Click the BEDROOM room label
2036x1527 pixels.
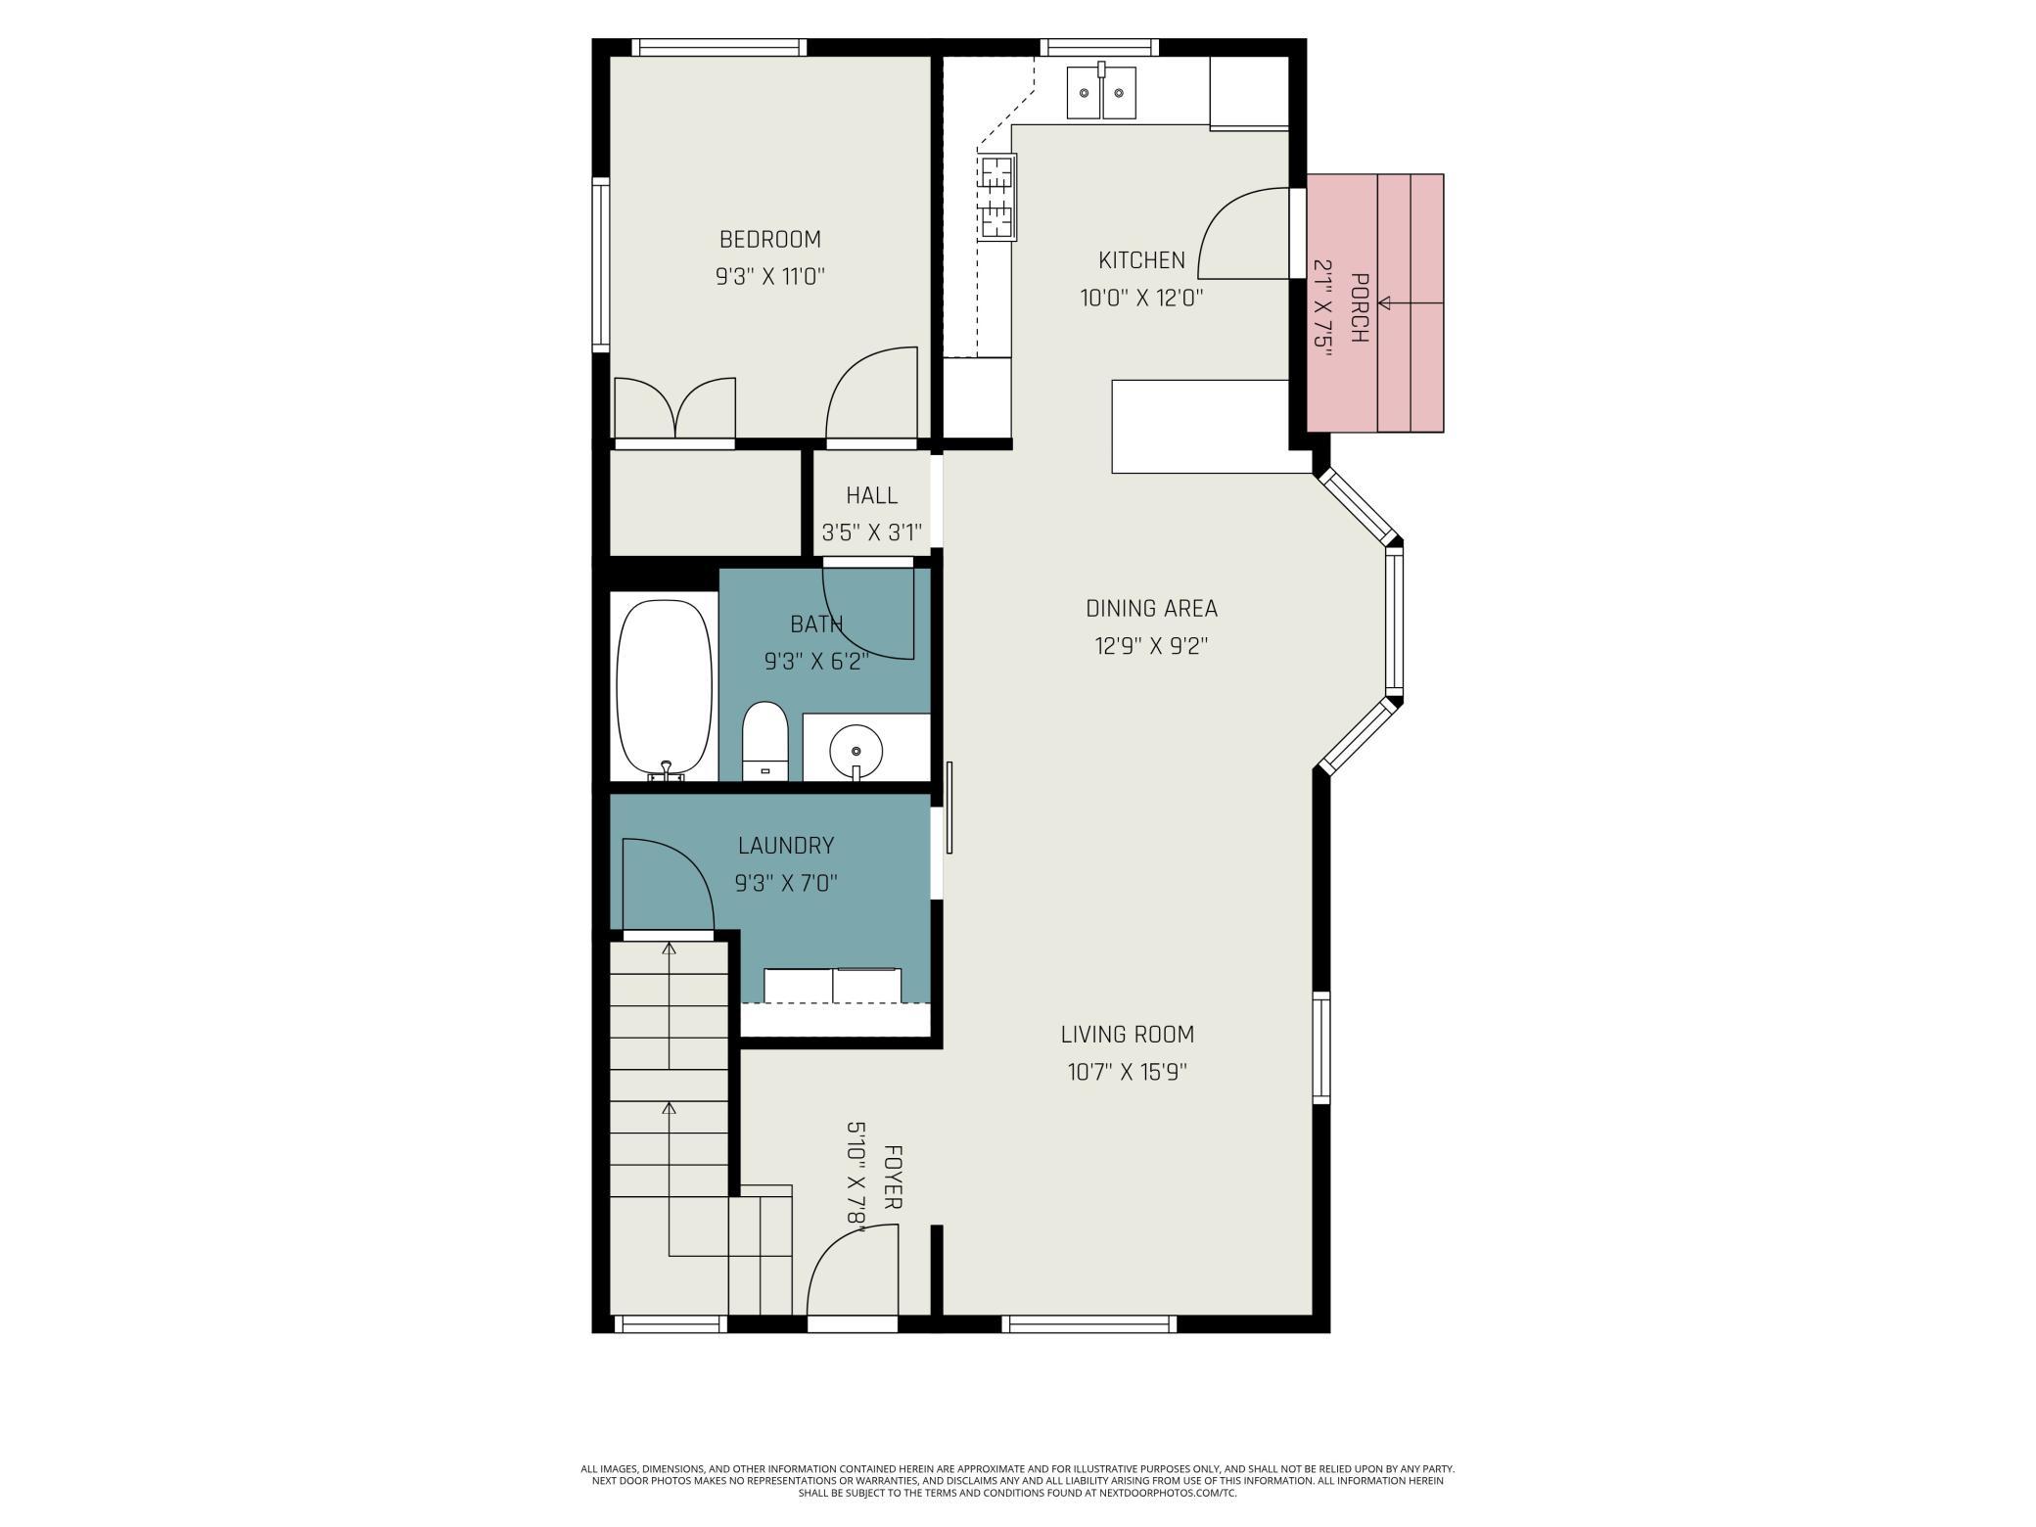click(769, 239)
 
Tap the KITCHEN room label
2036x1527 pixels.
click(1141, 260)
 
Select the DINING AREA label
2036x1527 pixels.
click(1151, 608)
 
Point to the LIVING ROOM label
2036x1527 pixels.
click(1127, 1034)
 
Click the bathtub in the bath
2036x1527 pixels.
click(665, 689)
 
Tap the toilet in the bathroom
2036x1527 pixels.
click(764, 740)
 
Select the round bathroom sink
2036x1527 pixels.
click(856, 751)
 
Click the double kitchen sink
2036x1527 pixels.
click(1101, 92)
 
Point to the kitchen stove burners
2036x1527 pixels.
click(997, 199)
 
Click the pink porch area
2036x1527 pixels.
click(1375, 302)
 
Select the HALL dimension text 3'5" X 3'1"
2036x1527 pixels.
click(871, 532)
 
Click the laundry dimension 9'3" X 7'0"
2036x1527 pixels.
click(786, 884)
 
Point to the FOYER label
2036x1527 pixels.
click(892, 1177)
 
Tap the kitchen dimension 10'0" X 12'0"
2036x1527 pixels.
click(1141, 298)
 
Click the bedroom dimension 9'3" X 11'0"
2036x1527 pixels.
click(770, 277)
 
